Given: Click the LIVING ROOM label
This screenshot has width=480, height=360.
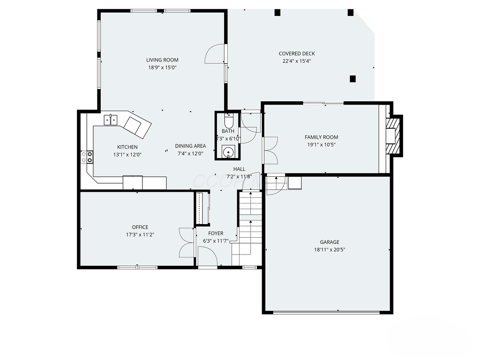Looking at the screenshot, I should coord(162,60).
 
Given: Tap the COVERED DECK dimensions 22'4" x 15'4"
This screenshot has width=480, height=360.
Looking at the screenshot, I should coord(297,61).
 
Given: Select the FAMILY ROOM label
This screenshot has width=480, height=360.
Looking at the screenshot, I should coord(321,137).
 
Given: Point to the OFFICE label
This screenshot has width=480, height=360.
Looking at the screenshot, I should coord(140,227).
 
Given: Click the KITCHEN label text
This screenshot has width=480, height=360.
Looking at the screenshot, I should coord(127,147).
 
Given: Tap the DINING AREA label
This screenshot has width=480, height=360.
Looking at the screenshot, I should coord(190,146).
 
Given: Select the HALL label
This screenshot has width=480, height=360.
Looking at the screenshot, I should coord(239,169).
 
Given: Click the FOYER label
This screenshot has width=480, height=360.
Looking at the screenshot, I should coord(216,233).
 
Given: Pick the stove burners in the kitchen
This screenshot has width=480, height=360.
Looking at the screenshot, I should coord(87,157).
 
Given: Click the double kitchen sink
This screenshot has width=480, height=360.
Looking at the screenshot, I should coord(111,120).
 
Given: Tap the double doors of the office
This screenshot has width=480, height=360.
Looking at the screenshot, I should coord(187,242).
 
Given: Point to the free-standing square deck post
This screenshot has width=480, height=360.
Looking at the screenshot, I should coord(353,79).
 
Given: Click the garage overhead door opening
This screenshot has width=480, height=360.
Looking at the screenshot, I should coord(327,313).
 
